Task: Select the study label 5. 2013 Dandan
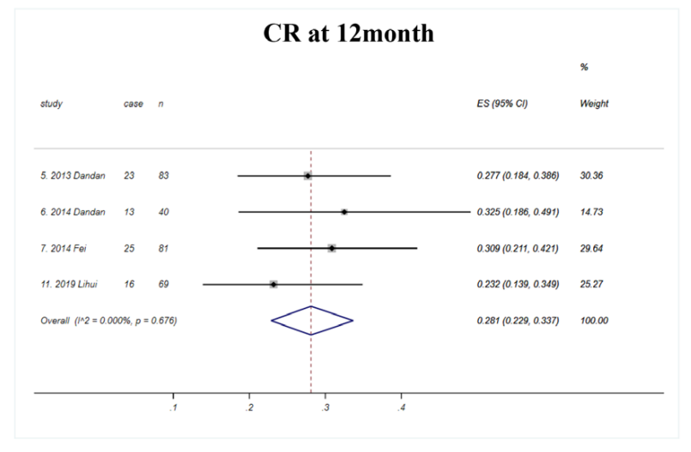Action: pyautogui.click(x=72, y=176)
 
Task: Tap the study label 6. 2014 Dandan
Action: pyautogui.click(x=72, y=212)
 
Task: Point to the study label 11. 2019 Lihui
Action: pyautogui.click(x=70, y=284)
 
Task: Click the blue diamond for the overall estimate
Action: pyautogui.click(x=312, y=320)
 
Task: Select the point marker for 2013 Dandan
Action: pyautogui.click(x=308, y=176)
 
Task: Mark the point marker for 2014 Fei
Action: pyautogui.click(x=331, y=248)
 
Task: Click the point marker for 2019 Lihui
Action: pyautogui.click(x=273, y=284)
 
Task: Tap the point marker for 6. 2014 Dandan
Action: pyautogui.click(x=344, y=212)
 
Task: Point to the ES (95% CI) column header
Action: pyautogui.click(x=502, y=104)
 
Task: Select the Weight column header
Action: pyautogui.click(x=594, y=104)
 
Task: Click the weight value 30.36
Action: pyautogui.click(x=592, y=176)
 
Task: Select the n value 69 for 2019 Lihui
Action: pyautogui.click(x=162, y=284)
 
